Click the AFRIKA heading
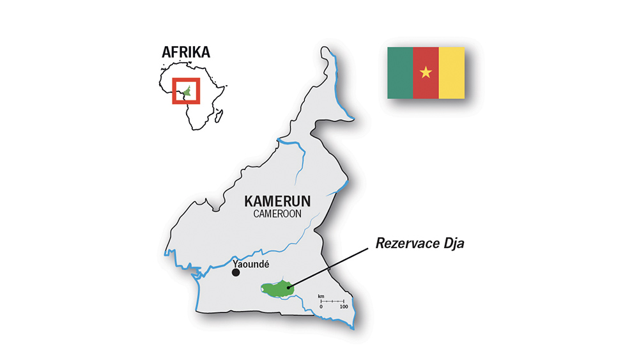[185, 52]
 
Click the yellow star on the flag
[426, 72]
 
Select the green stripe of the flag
[400, 72]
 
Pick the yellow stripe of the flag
[451, 72]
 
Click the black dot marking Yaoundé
[236, 272]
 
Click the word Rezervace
[399, 243]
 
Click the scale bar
[332, 301]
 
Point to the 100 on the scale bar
[343, 308]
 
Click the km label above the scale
[321, 296]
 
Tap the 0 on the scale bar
[321, 308]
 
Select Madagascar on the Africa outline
[219, 116]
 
